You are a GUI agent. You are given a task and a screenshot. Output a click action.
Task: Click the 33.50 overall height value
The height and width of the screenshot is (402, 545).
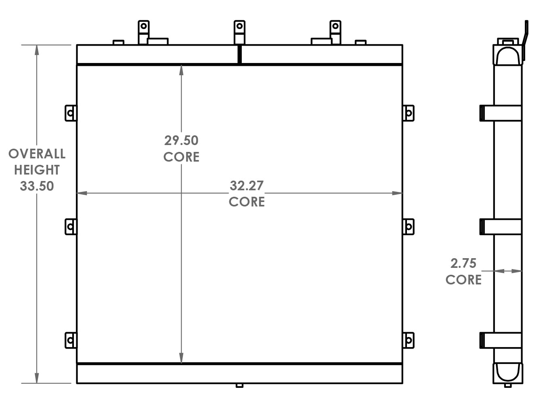37,186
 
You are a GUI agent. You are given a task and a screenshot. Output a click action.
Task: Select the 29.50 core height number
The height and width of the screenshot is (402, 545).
181,140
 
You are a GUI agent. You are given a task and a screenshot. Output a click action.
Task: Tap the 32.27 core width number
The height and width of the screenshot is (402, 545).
247,185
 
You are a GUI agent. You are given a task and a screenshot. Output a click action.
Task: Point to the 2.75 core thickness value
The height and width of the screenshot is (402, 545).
463,263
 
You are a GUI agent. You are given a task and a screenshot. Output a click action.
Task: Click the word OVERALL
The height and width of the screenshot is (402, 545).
37,154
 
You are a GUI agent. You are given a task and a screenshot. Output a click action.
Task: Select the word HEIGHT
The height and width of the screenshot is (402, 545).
37,170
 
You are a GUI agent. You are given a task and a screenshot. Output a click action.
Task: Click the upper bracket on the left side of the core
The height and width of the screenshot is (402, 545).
71,113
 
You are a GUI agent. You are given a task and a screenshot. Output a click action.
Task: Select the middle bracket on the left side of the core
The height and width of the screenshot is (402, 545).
71,227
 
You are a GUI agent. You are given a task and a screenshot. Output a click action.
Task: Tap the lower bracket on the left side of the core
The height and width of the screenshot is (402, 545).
71,340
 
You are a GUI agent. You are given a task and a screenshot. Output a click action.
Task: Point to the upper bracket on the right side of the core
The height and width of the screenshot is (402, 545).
408,113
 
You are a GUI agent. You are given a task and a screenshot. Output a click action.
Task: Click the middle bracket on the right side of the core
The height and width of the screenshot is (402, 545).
408,227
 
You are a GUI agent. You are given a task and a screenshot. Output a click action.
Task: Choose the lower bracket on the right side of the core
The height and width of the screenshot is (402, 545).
408,340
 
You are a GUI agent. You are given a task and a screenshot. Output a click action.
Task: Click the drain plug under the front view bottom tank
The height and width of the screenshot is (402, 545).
239,385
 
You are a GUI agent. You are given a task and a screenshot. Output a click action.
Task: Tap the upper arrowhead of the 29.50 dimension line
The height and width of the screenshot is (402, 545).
181,69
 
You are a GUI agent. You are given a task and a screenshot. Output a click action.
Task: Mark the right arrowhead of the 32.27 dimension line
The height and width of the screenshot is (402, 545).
397,193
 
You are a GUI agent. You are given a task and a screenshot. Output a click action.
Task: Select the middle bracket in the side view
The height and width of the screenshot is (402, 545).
501,227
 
